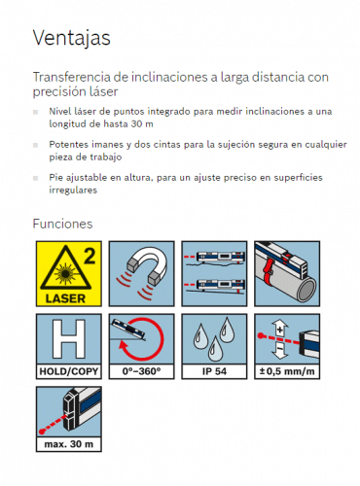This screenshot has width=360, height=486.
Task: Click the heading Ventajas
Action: click(72, 38)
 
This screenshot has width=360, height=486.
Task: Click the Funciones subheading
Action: click(62, 224)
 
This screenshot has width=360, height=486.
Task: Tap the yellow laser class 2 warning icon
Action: click(69, 273)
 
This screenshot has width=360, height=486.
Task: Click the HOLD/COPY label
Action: click(69, 371)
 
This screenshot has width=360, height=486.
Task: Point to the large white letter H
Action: click(69, 339)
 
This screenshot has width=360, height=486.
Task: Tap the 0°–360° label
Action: click(141, 371)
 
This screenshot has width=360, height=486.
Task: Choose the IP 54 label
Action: click(214, 371)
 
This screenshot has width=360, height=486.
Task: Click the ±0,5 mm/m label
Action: click(287, 371)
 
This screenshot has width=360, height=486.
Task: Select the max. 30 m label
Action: click(69, 444)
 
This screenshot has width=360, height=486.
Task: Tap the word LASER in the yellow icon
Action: click(66, 298)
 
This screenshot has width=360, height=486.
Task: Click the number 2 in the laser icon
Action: click(90, 256)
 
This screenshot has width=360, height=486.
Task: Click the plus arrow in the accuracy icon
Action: click(280, 328)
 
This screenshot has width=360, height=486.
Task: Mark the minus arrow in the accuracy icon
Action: click(279, 351)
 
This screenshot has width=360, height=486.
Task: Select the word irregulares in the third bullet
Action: click(73, 190)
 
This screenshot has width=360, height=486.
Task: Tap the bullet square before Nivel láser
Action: click(35, 112)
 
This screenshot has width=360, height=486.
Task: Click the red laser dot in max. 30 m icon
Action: click(42, 432)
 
